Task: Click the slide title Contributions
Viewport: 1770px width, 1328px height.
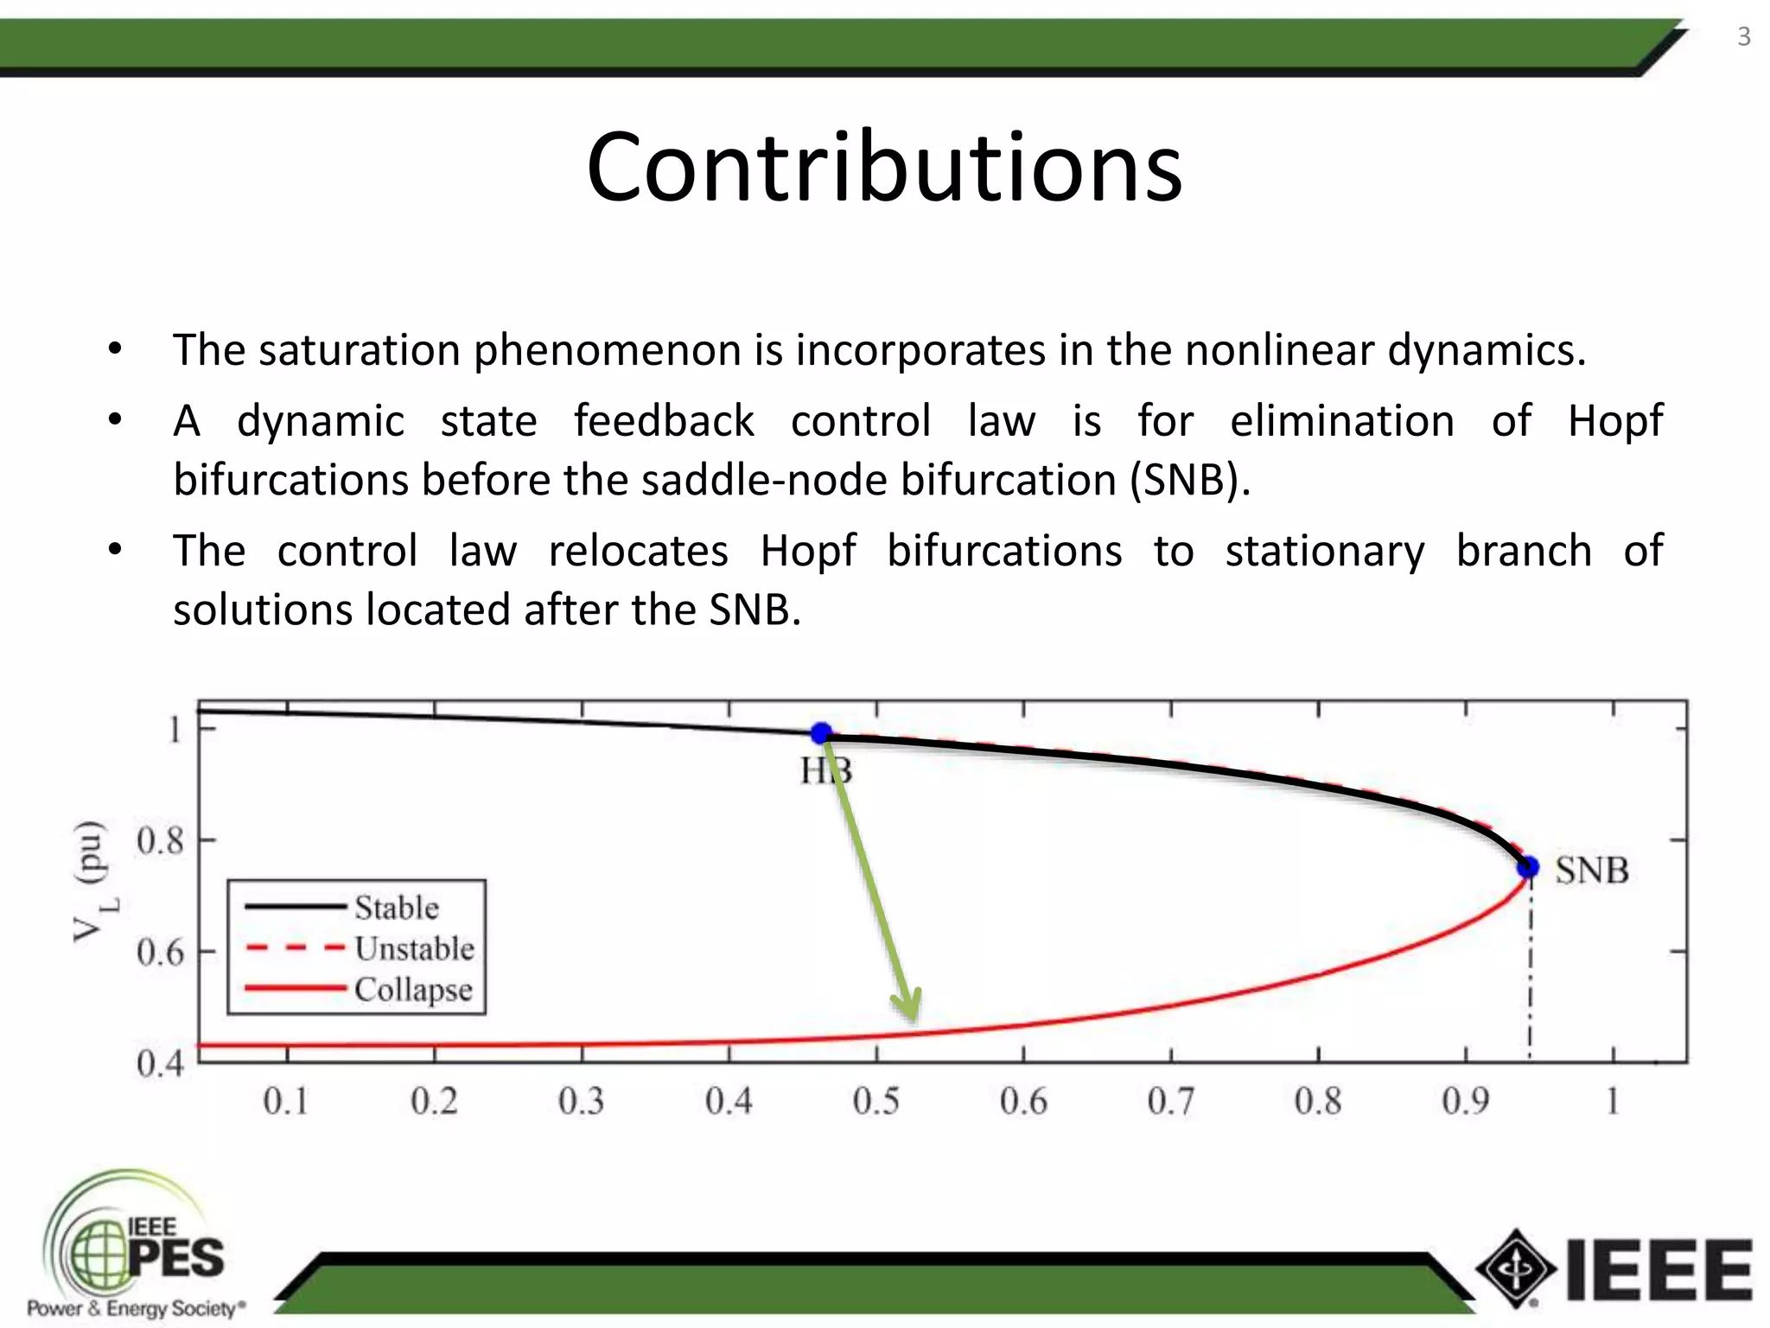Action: click(x=883, y=167)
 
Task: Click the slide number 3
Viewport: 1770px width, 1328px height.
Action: click(x=1743, y=37)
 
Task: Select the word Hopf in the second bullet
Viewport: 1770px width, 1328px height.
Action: click(x=1614, y=422)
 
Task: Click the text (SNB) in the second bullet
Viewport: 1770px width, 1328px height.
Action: click(x=1189, y=480)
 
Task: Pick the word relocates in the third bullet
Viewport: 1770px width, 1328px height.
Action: click(x=638, y=552)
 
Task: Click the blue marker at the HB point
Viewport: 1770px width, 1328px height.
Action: click(x=821, y=734)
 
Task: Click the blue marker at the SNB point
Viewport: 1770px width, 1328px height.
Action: click(x=1528, y=866)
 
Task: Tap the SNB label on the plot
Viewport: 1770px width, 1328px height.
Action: click(x=1591, y=871)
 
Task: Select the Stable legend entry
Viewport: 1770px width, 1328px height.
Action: click(x=396, y=908)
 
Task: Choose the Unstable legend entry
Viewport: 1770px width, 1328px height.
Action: click(x=414, y=948)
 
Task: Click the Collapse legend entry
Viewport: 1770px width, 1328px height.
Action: click(x=413, y=989)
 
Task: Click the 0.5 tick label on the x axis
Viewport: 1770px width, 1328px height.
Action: click(x=875, y=1101)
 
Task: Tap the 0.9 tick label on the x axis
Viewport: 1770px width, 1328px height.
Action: click(x=1465, y=1101)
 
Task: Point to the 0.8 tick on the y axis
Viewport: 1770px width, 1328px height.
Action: click(x=160, y=840)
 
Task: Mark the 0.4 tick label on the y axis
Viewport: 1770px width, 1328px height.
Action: click(x=160, y=1063)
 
